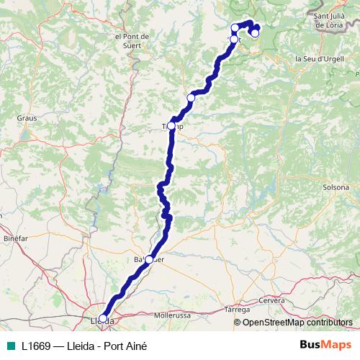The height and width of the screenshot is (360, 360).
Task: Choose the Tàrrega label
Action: click(x=237, y=309)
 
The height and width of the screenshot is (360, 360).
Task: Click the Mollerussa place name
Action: click(x=171, y=315)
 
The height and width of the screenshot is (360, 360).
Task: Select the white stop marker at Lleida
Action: click(x=103, y=318)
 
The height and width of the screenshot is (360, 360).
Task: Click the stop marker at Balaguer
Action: click(x=150, y=259)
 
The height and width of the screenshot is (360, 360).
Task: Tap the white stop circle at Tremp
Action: click(x=173, y=122)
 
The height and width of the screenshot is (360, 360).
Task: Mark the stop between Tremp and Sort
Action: click(x=191, y=98)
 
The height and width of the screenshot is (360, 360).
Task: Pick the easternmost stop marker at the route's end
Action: click(x=255, y=33)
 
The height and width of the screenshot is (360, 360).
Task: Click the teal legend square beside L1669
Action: click(x=9, y=346)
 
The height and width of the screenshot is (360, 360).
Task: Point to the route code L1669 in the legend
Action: click(x=36, y=346)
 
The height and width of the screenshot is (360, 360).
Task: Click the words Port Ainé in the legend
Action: click(x=128, y=346)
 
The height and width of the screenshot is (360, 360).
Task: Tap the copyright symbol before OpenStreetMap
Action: click(x=238, y=323)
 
